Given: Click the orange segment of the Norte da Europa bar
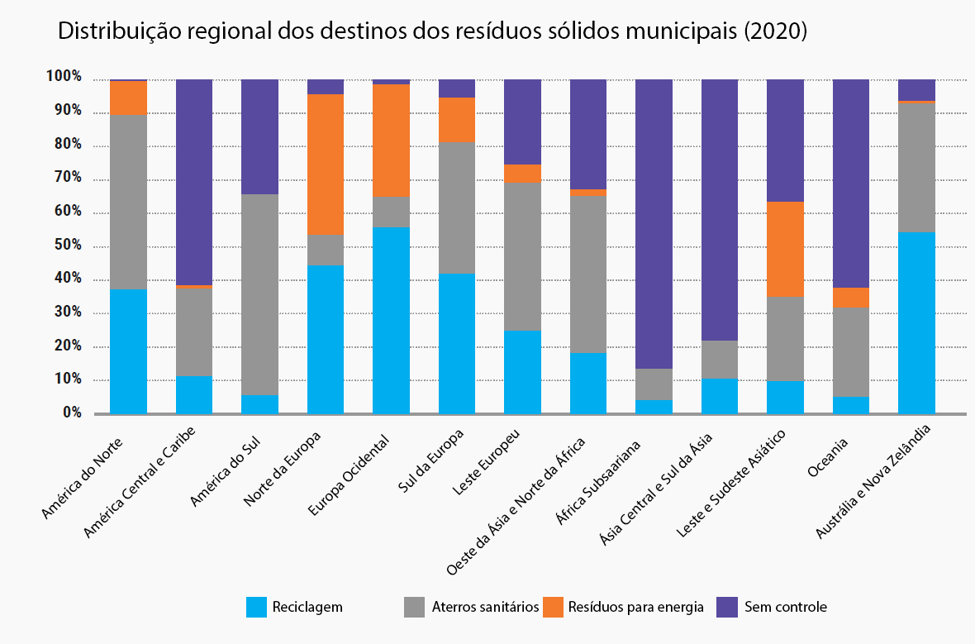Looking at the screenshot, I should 326,164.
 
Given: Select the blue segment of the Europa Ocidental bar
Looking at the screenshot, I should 391,320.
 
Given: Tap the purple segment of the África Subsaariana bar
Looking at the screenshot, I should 654,223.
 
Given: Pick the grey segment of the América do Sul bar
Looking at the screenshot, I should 259,294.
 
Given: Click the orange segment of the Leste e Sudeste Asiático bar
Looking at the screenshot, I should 785,249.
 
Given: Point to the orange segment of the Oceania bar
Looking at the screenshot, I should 850,297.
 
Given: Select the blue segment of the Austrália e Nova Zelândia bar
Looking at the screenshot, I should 916,322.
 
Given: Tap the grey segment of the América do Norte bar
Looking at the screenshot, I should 128,202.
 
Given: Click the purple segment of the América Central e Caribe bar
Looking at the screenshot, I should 194,182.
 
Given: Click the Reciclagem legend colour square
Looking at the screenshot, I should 257,607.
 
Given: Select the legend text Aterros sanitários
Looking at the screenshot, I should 485,607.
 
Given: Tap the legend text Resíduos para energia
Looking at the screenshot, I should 635,607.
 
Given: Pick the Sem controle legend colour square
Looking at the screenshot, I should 726,607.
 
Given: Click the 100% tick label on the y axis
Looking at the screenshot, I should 64,77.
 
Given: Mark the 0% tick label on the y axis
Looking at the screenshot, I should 72,413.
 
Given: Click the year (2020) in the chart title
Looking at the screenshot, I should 775,32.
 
